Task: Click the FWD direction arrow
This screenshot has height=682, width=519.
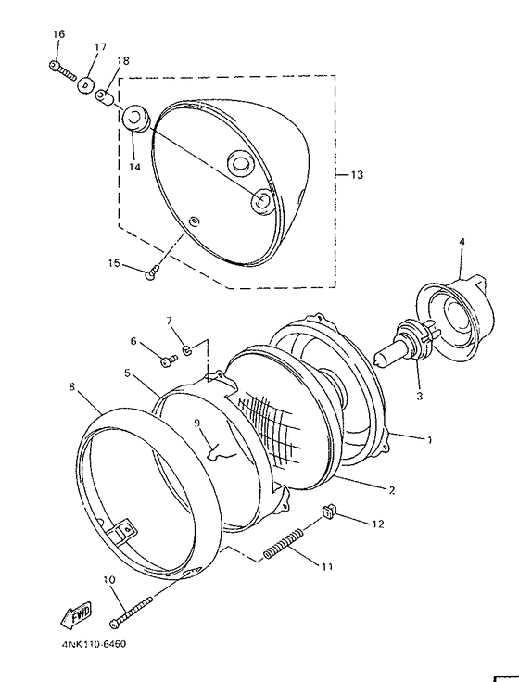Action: [x=76, y=614]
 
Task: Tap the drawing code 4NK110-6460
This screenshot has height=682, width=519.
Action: [x=94, y=644]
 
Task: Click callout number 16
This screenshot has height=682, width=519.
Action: [x=58, y=34]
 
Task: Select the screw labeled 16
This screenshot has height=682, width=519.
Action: [x=62, y=69]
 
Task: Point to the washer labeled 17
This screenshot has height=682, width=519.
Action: [x=86, y=84]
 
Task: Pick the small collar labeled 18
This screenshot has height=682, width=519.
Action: [x=105, y=97]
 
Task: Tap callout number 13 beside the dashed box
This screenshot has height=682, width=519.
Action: [x=356, y=175]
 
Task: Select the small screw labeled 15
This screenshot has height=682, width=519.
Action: [x=151, y=272]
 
